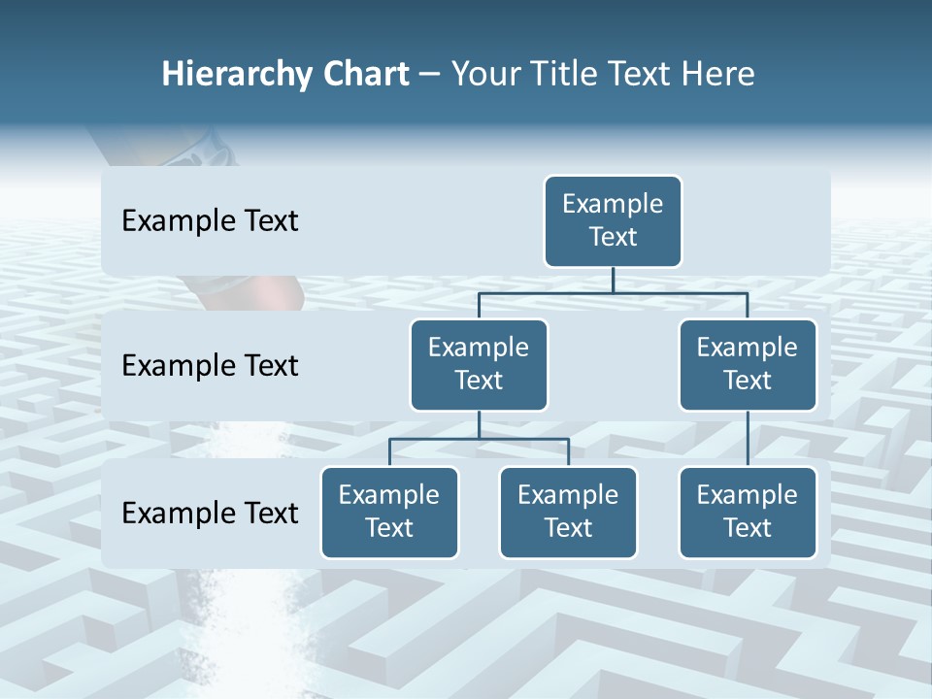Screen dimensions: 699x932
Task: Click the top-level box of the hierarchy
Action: point(613,221)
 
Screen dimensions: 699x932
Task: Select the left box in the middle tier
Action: point(479,365)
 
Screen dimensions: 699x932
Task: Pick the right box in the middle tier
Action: point(748,365)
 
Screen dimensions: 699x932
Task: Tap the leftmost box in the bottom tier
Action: point(389,513)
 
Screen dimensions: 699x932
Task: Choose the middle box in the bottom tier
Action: point(568,513)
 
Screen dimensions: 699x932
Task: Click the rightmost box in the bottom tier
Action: point(748,513)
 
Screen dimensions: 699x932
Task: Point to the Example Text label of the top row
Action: point(210,221)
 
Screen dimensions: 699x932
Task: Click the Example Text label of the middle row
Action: point(210,366)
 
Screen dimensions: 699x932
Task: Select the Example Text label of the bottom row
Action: point(210,514)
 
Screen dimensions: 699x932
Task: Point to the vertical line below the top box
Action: point(613,280)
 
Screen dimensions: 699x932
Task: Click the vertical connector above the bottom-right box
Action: point(748,439)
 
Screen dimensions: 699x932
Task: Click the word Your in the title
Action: point(482,74)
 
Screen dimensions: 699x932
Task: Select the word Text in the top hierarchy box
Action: point(613,238)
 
